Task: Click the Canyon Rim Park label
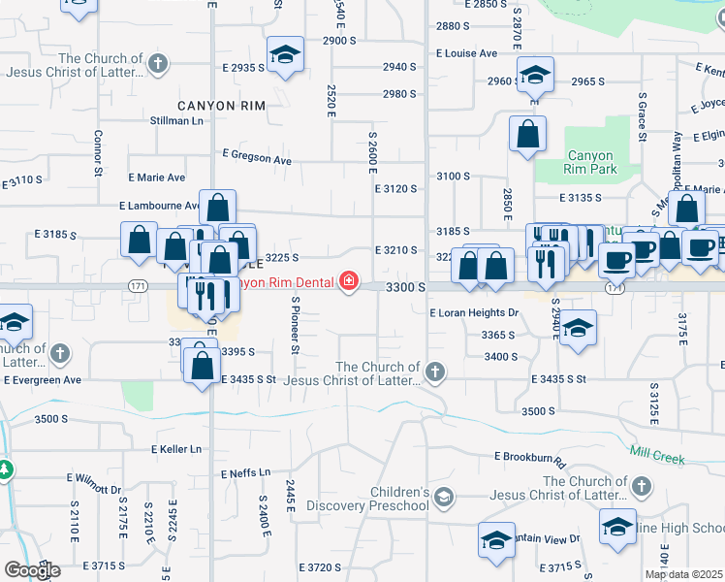pyautogui.click(x=589, y=162)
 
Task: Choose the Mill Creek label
pyautogui.click(x=657, y=454)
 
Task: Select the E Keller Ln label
pyautogui.click(x=175, y=449)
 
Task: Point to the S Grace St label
pyautogui.click(x=642, y=117)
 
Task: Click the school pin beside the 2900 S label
pyautogui.click(x=285, y=55)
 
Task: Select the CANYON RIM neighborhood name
pyautogui.click(x=215, y=104)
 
